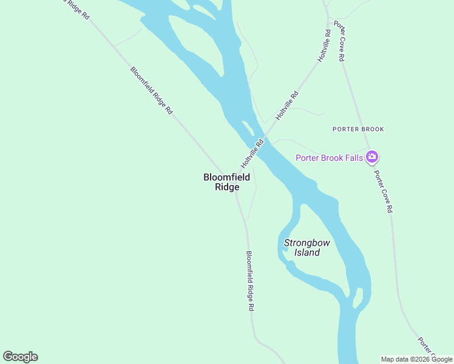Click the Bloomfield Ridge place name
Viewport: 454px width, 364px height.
click(226, 182)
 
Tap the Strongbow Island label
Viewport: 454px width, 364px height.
click(307, 248)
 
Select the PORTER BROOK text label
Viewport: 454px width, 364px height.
click(358, 129)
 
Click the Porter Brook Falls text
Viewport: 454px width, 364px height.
click(329, 158)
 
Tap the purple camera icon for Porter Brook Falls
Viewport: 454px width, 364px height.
click(372, 158)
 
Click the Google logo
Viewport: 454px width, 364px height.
click(21, 357)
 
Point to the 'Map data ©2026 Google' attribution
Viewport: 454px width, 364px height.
click(416, 359)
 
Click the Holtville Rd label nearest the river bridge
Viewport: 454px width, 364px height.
click(252, 154)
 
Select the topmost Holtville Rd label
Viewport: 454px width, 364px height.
click(324, 45)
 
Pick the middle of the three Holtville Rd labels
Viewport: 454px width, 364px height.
click(287, 105)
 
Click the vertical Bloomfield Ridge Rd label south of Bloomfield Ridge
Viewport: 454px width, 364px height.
click(249, 281)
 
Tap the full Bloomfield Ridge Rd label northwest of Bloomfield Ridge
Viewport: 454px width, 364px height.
click(152, 90)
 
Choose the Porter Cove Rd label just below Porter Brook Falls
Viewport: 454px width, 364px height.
click(383, 191)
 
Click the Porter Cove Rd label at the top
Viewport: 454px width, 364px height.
click(339, 42)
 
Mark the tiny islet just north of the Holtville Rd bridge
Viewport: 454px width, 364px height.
click(248, 127)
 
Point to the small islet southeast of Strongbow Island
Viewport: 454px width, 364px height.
click(358, 297)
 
